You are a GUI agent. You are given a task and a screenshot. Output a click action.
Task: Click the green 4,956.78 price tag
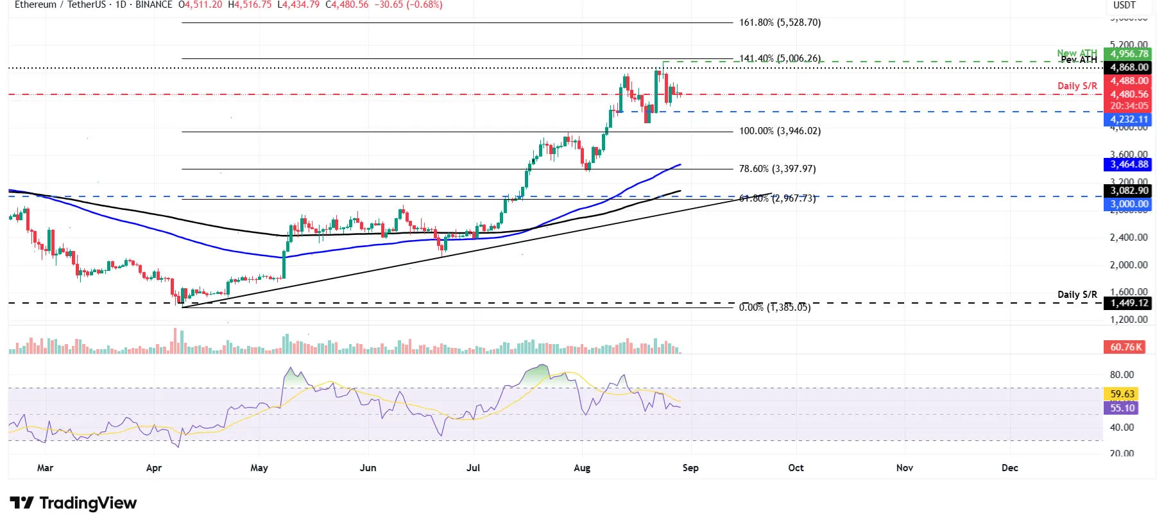tap(1129, 54)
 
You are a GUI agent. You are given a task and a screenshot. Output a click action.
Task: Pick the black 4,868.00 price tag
tap(1129, 67)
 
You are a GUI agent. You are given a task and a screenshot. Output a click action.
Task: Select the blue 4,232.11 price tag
tap(1129, 119)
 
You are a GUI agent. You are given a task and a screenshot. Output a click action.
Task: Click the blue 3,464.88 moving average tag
tap(1129, 164)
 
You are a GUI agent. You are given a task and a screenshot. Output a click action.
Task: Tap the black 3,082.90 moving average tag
tap(1129, 191)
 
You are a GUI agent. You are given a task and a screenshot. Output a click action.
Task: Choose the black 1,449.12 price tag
tap(1129, 303)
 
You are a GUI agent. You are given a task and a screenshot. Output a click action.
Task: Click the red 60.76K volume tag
tap(1125, 347)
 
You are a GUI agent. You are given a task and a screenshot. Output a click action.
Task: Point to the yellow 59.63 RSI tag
tap(1122, 394)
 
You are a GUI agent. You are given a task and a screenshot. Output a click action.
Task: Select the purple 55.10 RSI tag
tap(1122, 408)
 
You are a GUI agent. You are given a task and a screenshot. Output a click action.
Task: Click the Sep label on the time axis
tap(690, 468)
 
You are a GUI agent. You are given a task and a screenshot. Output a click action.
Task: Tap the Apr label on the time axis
tap(154, 468)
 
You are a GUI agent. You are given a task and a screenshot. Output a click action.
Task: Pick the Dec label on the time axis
tap(1009, 468)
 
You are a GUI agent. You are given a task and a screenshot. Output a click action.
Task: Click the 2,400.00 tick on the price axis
tap(1129, 238)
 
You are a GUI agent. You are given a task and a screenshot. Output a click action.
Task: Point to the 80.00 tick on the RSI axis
tap(1122, 375)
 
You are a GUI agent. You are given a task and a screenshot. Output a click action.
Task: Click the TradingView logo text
tap(88, 503)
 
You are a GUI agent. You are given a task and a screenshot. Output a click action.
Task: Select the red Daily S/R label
tap(1077, 86)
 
